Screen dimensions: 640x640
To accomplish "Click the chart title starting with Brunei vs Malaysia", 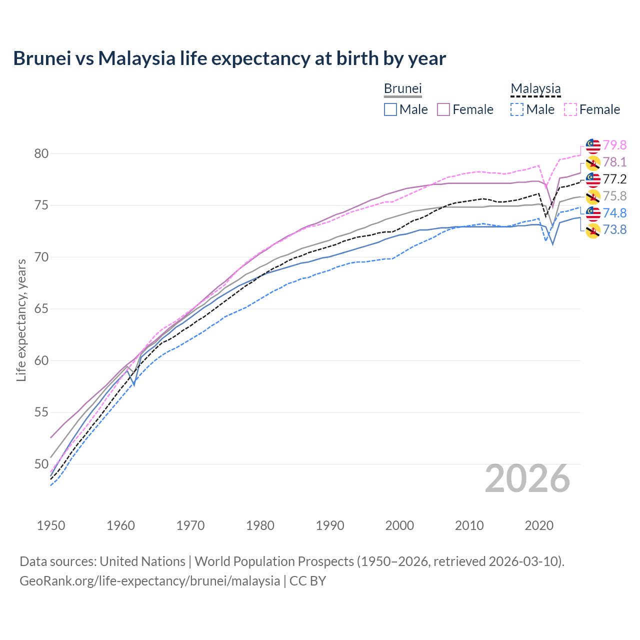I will pyautogui.click(x=229, y=58).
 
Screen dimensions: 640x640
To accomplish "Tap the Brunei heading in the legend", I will pyautogui.click(x=402, y=88).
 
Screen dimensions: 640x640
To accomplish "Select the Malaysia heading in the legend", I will pyautogui.click(x=535, y=88).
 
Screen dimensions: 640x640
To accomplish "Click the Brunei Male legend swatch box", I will pyautogui.click(x=390, y=109).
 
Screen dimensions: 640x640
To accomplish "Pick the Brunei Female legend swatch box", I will pyautogui.click(x=443, y=109).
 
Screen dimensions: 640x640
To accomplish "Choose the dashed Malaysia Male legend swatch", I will pyautogui.click(x=517, y=109).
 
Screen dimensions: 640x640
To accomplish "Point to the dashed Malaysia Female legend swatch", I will pyautogui.click(x=570, y=109).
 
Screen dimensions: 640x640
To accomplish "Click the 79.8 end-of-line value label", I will pyautogui.click(x=614, y=145).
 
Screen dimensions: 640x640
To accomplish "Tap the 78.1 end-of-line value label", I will pyautogui.click(x=614, y=162).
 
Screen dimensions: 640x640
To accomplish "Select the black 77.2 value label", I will pyautogui.click(x=614, y=179).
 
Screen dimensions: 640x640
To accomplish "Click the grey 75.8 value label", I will pyautogui.click(x=614, y=196).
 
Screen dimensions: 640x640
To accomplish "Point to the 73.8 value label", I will pyautogui.click(x=614, y=229).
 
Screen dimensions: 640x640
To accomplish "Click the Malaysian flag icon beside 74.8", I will pyautogui.click(x=593, y=213).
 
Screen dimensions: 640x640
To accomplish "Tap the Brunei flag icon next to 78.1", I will pyautogui.click(x=593, y=162).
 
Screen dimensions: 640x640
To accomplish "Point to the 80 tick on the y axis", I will pyautogui.click(x=41, y=153).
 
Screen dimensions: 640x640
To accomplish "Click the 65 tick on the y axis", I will pyautogui.click(x=41, y=309).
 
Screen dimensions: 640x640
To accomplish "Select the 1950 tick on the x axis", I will pyautogui.click(x=51, y=525).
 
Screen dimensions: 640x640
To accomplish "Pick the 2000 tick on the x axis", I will pyautogui.click(x=399, y=525).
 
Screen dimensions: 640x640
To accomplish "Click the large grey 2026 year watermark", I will pyautogui.click(x=527, y=478).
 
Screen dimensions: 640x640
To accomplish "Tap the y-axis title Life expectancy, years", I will pyautogui.click(x=21, y=320).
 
